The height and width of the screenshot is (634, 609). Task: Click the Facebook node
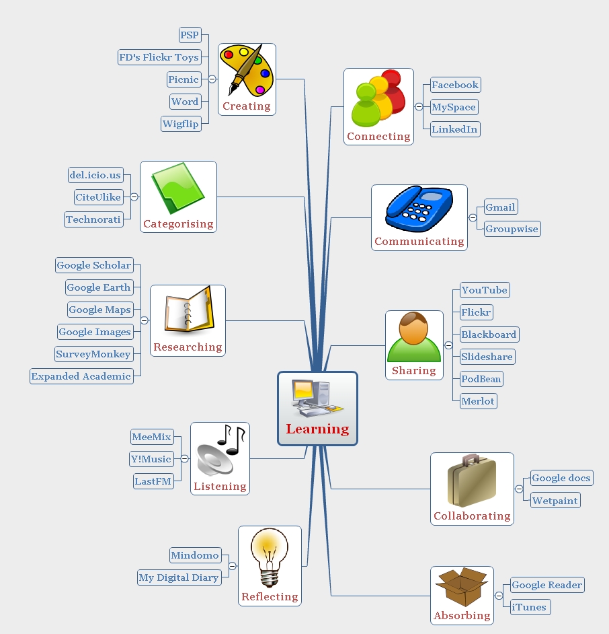pos(455,85)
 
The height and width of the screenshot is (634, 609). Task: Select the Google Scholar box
pos(94,265)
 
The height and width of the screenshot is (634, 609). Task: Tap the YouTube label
pos(485,290)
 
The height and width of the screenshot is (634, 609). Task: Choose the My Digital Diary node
pos(179,577)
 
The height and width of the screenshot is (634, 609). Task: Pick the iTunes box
pos(530,607)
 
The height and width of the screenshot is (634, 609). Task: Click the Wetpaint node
pos(555,500)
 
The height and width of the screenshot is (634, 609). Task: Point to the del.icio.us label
pos(95,175)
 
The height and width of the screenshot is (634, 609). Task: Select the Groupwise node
pos(512,229)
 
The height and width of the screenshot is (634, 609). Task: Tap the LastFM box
pos(153,481)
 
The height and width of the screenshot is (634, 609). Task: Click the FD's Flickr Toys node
pos(159,57)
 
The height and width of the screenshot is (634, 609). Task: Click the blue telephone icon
pos(419,209)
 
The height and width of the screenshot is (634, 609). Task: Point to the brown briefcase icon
pos(472,481)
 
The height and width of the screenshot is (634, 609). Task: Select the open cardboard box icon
pos(462,587)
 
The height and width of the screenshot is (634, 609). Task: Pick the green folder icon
pos(178,188)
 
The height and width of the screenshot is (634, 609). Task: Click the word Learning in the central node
pos(317,429)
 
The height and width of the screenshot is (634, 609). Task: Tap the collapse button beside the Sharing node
pos(448,345)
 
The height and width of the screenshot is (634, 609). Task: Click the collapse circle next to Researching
pos(144,320)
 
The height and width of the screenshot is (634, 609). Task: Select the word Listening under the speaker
pos(220,487)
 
